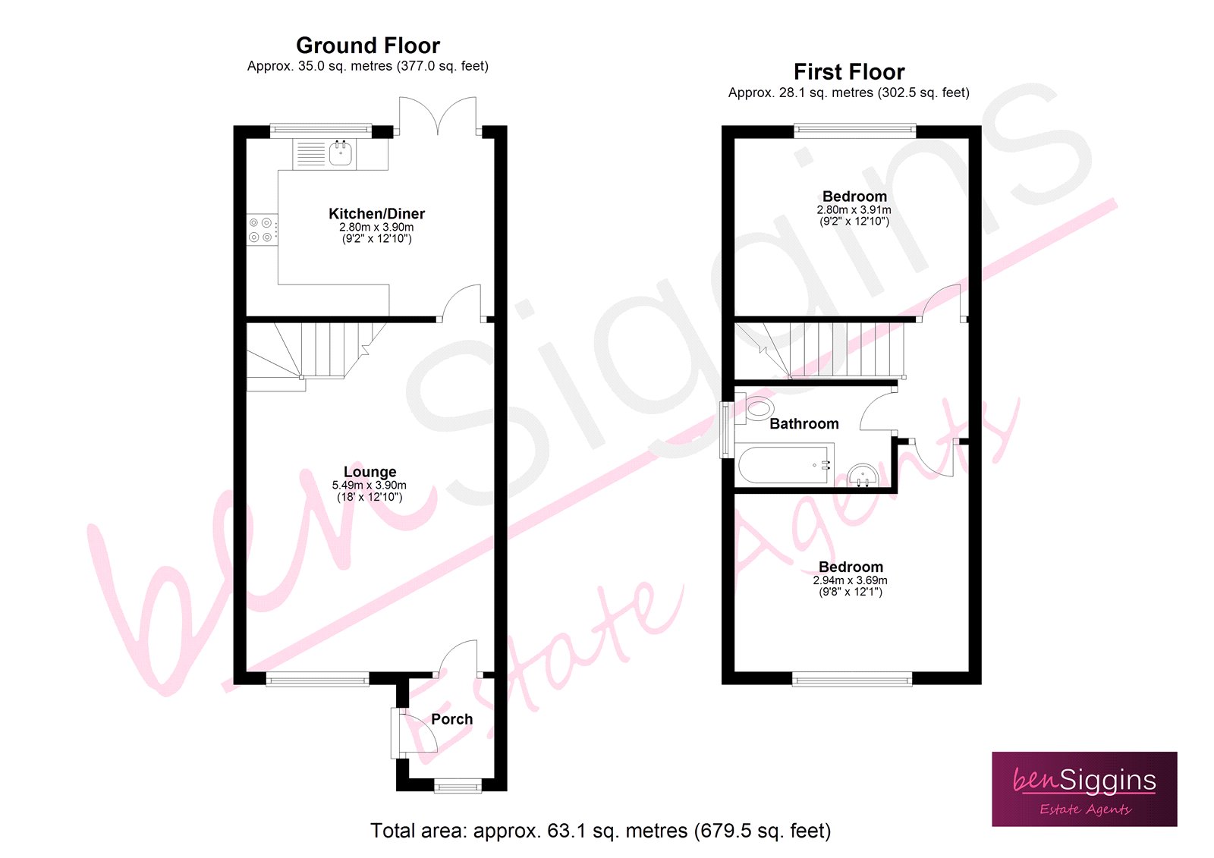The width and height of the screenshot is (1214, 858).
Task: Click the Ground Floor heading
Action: (367, 46)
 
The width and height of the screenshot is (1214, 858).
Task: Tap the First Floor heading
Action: (848, 72)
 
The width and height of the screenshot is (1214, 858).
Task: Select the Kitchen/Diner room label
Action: (376, 214)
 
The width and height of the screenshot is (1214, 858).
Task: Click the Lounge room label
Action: (370, 472)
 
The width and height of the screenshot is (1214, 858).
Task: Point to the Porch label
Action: (451, 719)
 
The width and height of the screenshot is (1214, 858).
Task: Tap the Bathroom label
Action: (804, 424)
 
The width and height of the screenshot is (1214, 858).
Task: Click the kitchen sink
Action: (341, 154)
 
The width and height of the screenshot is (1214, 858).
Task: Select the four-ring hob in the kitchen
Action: (261, 230)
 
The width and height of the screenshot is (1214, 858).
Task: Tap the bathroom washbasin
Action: (863, 476)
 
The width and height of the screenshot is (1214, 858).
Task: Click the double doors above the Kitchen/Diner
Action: (438, 116)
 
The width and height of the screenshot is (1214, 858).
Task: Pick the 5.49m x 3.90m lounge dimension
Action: (369, 486)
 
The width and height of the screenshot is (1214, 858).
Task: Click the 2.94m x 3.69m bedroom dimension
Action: (850, 580)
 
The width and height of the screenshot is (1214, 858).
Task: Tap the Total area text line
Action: (600, 831)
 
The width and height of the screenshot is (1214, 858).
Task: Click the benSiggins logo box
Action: (1084, 789)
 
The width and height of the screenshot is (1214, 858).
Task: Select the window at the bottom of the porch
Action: (458, 787)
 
